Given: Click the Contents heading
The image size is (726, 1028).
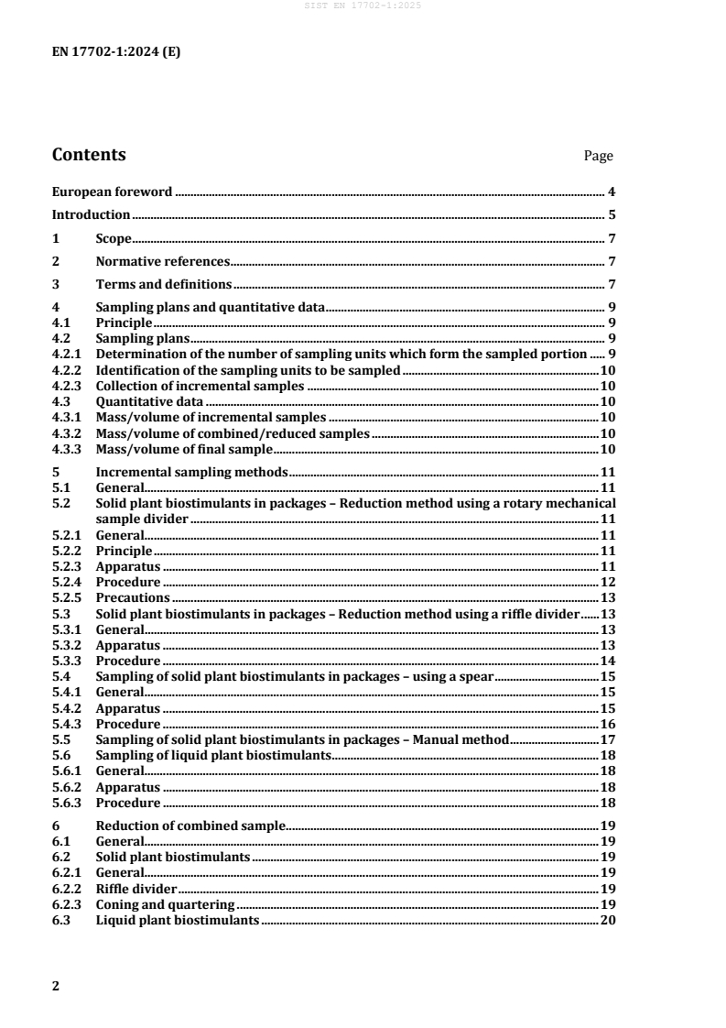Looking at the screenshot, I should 89,155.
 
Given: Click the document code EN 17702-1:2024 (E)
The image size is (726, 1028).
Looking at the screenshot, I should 116,52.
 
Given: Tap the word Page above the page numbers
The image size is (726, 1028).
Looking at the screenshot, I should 598,157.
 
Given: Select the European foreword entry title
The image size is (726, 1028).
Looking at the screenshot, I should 112,192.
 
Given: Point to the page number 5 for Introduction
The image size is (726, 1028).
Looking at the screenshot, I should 611,215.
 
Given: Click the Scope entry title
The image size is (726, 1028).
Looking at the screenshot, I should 114,238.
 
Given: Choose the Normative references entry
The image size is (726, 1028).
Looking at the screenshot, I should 162,261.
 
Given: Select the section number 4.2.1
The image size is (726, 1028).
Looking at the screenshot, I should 65,355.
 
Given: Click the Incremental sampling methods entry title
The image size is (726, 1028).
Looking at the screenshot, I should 191,472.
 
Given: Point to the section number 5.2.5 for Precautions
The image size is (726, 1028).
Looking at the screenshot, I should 65,597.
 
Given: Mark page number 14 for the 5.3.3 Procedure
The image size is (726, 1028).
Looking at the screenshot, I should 607,661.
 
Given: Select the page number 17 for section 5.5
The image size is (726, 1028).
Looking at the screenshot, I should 607,738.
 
